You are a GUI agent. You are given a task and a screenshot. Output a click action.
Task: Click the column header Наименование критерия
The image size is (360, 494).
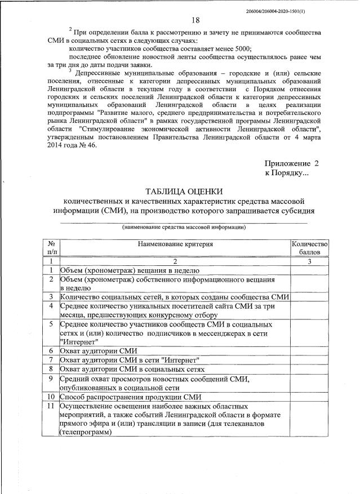(175, 244)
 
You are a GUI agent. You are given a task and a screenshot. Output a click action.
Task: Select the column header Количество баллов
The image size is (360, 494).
(309, 248)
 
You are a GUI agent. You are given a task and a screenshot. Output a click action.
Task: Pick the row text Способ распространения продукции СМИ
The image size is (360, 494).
(131, 397)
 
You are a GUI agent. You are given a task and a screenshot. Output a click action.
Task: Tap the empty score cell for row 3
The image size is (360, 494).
(309, 297)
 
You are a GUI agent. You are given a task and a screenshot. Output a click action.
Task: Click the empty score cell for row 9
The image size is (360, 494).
(309, 383)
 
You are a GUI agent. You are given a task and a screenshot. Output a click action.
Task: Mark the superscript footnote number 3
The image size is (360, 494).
(69, 70)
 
